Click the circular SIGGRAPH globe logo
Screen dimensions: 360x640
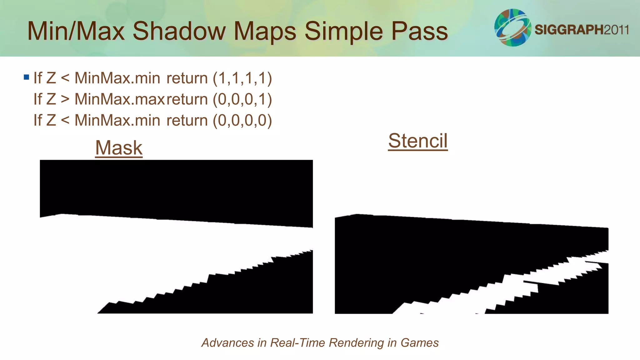coord(512,27)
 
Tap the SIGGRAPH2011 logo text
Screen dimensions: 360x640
coord(582,30)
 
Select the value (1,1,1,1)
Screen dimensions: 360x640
coord(242,78)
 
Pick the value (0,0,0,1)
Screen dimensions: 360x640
coord(242,99)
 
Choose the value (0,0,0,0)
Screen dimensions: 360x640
coord(242,120)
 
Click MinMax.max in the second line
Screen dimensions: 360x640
coord(120,99)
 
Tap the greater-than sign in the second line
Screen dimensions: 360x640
coord(65,99)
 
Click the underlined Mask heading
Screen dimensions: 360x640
coord(119,147)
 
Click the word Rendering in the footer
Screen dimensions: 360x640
coord(356,343)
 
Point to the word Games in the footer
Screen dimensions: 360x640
coord(420,343)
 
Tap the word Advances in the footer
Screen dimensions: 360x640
coord(228,343)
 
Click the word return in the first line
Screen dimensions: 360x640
coord(187,78)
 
